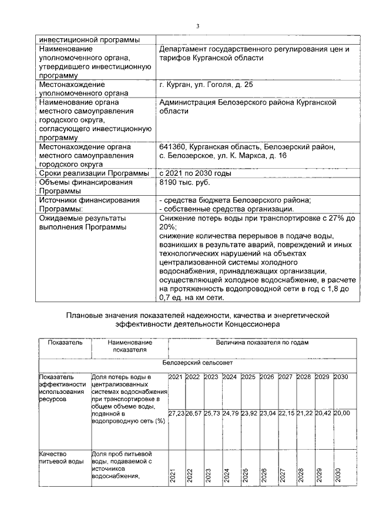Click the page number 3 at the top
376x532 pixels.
(x=198, y=26)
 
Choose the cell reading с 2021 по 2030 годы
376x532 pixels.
(x=194, y=173)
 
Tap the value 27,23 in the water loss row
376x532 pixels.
(x=177, y=414)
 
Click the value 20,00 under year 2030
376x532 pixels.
(x=341, y=414)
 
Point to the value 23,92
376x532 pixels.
(x=249, y=414)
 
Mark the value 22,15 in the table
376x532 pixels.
(x=286, y=414)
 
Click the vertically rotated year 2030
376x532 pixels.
(x=338, y=475)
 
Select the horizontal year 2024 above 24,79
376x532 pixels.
(x=231, y=377)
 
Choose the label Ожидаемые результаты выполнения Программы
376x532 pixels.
(x=82, y=223)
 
